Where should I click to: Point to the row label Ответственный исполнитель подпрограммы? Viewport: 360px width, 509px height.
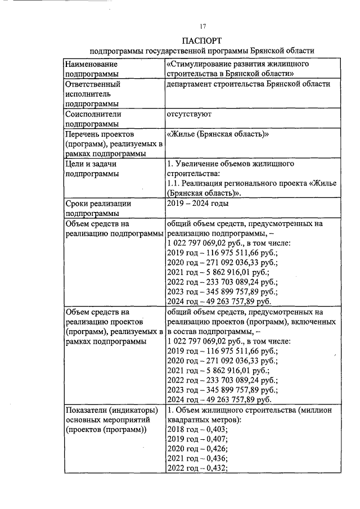click(x=93, y=94)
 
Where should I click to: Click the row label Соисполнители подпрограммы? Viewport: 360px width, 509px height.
click(x=93, y=119)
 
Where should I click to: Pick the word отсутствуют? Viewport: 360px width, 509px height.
click(x=188, y=114)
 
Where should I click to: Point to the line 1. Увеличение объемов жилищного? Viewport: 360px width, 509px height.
click(x=231, y=164)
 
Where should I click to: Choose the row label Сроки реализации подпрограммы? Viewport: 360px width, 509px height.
click(x=93, y=208)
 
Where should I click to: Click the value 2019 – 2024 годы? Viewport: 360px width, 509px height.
click(x=197, y=203)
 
